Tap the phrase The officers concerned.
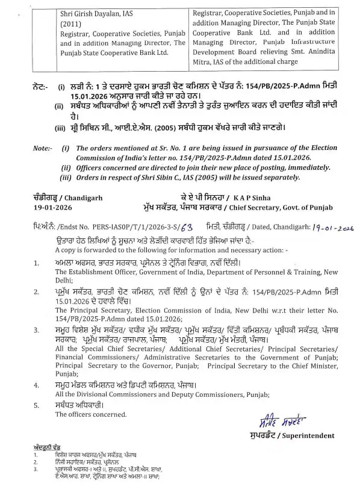90,414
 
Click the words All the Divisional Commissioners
108,394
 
